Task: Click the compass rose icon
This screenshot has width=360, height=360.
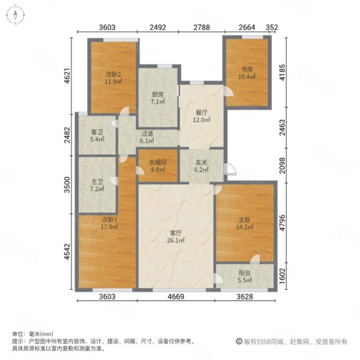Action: point(16,15)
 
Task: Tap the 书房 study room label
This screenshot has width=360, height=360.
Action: point(247,73)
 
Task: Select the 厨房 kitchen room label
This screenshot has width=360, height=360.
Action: point(158,98)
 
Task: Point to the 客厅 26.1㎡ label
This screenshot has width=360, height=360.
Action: point(176,237)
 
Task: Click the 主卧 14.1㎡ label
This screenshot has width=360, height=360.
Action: point(245,223)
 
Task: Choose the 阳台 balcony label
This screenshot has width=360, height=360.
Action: point(245,277)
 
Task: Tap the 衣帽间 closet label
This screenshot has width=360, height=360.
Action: point(158,166)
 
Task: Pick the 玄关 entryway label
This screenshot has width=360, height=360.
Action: point(202,166)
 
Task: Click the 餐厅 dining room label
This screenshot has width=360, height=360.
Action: point(202,116)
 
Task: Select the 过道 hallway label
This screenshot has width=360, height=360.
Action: point(147,137)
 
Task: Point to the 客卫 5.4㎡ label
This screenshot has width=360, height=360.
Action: point(97,136)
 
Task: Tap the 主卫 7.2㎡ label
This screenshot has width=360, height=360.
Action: point(97,185)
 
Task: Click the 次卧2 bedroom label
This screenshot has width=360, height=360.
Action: point(113,78)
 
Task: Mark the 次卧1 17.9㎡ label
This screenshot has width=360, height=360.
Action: point(109,223)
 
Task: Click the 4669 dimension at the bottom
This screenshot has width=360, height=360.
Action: point(176,296)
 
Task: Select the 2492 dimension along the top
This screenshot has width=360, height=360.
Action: point(158,28)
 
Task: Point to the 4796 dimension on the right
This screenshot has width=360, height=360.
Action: point(283,223)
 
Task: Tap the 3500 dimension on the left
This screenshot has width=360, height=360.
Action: point(67,185)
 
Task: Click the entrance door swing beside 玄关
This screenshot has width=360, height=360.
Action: point(230,169)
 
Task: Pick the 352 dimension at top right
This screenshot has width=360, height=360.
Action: point(272,28)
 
